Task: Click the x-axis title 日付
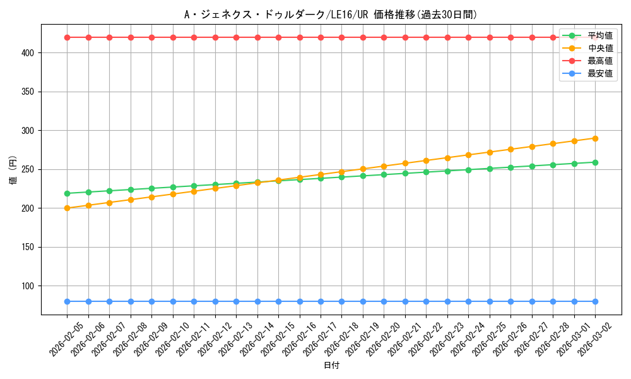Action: (331, 366)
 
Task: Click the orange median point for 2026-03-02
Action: (595, 138)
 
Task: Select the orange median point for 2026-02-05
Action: (67, 208)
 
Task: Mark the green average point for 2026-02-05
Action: (67, 193)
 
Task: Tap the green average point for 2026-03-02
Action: (595, 162)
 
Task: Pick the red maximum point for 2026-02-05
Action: (67, 37)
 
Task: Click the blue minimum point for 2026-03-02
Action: (595, 301)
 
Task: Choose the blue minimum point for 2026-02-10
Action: (173, 301)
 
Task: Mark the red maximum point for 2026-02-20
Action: (384, 37)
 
